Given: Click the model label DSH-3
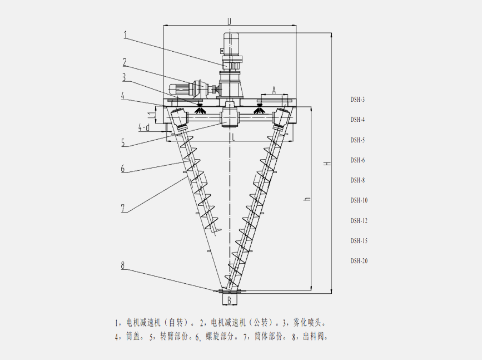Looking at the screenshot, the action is click(x=357, y=100).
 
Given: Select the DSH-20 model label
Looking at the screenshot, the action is click(x=359, y=261).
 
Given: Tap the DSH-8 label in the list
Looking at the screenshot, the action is click(x=357, y=180).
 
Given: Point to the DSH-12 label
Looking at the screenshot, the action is click(x=359, y=220).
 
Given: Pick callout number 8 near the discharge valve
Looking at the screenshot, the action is click(x=123, y=265).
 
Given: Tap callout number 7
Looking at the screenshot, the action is click(x=123, y=208).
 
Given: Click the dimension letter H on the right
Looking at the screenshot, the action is click(x=327, y=164).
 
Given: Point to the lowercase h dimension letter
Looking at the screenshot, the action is click(x=306, y=199).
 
